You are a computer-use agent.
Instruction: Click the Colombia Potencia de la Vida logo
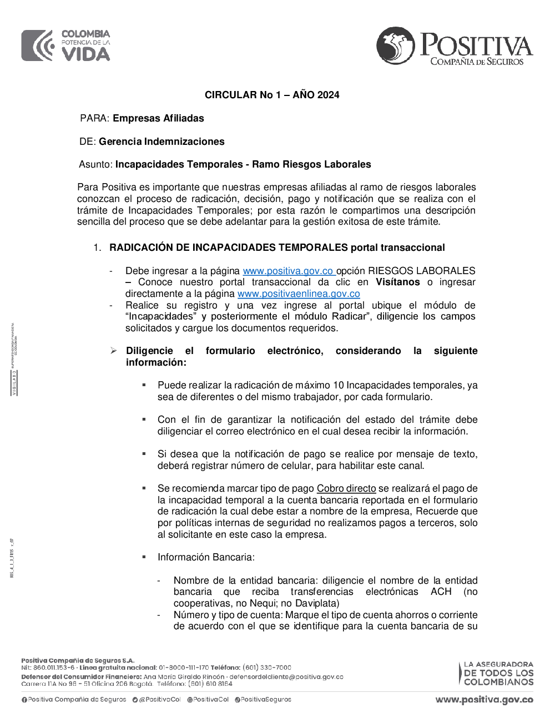coord(66,45)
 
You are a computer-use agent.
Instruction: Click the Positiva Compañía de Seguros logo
coord(454,47)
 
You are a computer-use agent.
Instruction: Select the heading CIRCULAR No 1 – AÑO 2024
coord(272,95)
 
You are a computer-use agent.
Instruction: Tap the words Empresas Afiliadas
coord(158,118)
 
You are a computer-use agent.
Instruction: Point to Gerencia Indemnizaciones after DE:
coord(162,141)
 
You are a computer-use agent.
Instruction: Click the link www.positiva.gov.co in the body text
coord(288,271)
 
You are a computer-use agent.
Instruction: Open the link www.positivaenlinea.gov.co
coord(299,294)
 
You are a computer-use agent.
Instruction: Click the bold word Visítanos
coord(397,282)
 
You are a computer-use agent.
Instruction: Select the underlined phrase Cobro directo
coord(346,488)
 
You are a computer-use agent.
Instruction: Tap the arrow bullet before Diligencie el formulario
coord(113,351)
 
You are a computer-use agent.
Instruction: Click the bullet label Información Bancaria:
coord(206,557)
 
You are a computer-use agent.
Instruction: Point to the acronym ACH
coord(441,591)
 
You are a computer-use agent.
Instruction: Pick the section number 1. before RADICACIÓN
coord(97,247)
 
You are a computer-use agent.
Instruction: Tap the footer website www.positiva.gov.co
coord(484,700)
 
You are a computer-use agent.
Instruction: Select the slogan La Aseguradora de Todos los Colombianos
coord(498,673)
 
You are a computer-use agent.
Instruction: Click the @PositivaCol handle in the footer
coord(160,700)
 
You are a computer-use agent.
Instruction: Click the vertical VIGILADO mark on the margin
coord(14,383)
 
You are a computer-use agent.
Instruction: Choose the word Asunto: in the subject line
coord(95,164)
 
